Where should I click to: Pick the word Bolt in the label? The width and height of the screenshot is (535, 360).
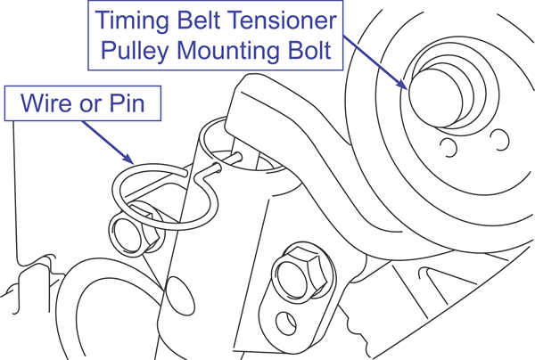(x=313, y=50)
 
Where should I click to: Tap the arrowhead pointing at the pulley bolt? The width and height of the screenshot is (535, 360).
(x=410, y=88)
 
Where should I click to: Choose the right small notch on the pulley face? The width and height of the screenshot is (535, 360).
(x=500, y=136)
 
